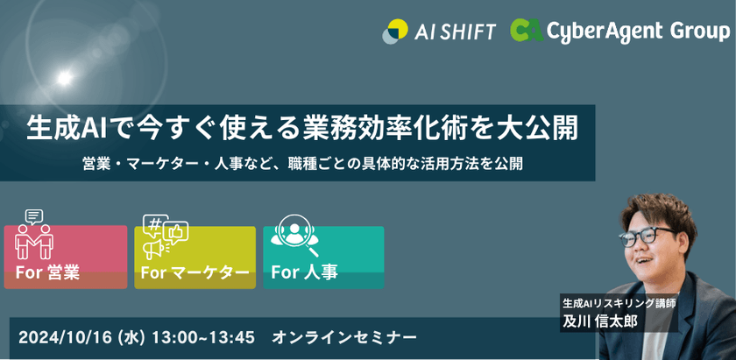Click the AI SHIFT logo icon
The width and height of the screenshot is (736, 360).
pyautogui.click(x=395, y=31)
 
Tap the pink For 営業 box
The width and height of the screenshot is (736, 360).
pyautogui.click(x=66, y=258)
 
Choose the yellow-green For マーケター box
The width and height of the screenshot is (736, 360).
pyautogui.click(x=195, y=258)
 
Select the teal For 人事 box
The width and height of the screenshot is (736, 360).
pyautogui.click(x=323, y=258)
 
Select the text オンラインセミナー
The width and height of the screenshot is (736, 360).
pyautogui.click(x=344, y=336)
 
